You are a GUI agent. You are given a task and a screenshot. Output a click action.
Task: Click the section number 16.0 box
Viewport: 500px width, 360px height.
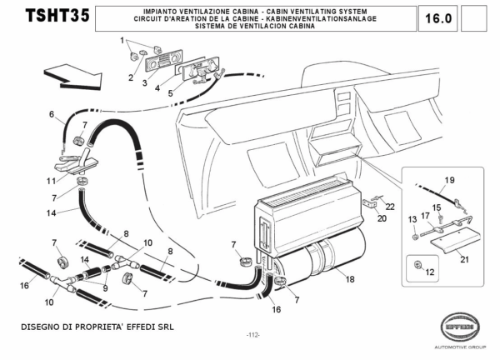tap(438, 17)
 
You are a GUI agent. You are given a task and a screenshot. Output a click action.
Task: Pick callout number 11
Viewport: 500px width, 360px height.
tap(51, 181)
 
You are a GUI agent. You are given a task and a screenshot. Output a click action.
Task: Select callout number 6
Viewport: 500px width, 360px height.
tap(51, 114)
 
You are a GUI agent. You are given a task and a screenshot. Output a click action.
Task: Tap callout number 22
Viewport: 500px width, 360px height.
tap(390, 206)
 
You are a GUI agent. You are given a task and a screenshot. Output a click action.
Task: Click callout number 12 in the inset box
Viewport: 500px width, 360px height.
tap(430, 272)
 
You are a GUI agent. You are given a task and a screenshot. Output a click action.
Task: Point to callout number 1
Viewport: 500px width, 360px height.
tap(122, 40)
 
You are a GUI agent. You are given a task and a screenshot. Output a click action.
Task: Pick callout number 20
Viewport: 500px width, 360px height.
tap(382, 221)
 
